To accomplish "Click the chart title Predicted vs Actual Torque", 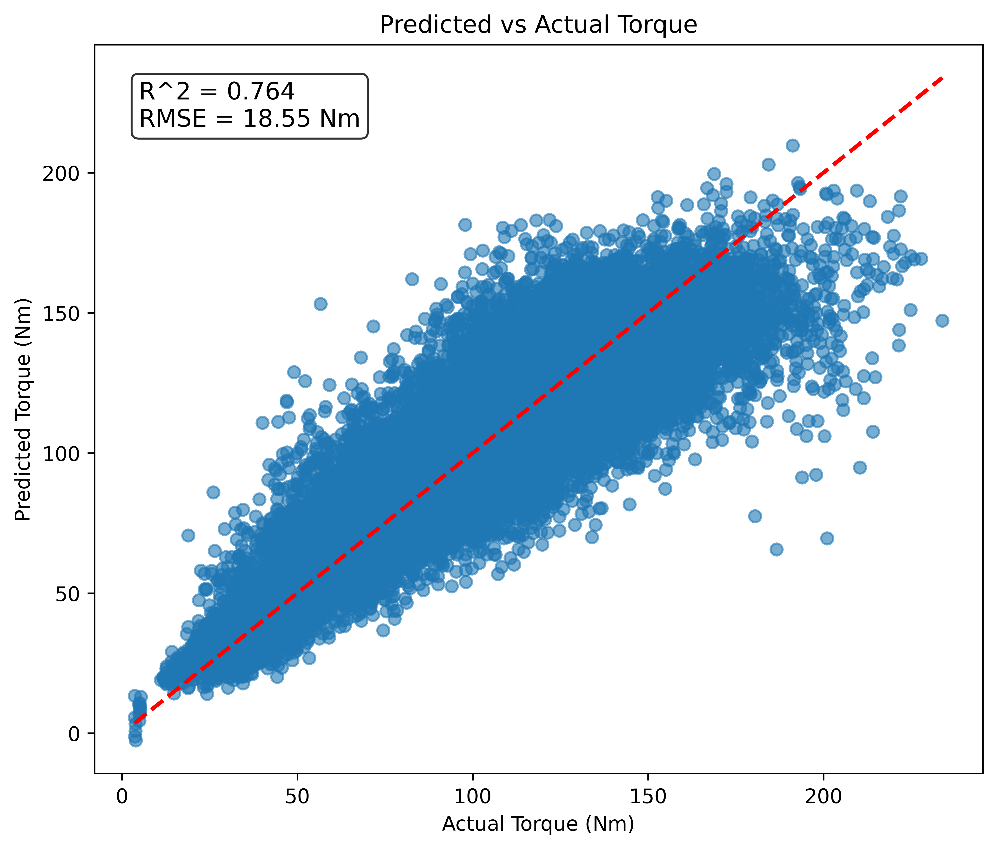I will [x=538, y=25].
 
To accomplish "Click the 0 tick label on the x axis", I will [x=122, y=796].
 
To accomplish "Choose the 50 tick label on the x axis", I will [x=297, y=796].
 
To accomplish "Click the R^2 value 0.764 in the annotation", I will [x=260, y=91].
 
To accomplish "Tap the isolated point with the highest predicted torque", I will [x=792, y=145].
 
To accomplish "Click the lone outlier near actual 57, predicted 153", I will [x=321, y=304].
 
